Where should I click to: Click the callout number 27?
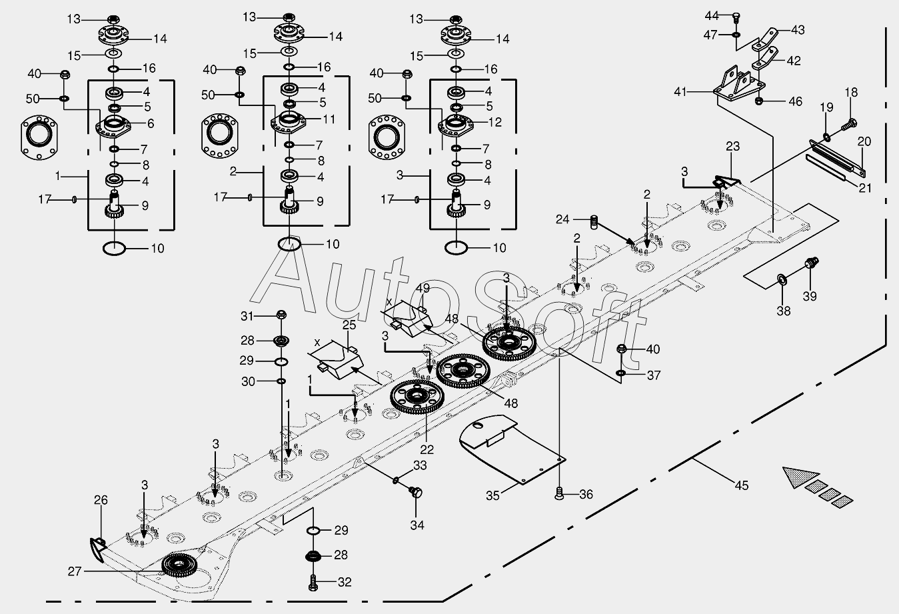[75, 571]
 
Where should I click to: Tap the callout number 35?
[492, 495]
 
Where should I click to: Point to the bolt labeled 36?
[559, 493]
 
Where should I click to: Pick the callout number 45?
[741, 485]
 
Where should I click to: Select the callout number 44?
[712, 16]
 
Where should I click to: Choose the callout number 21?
[865, 187]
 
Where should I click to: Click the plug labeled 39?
[812, 263]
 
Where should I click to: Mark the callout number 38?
[784, 311]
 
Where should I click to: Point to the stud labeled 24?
[594, 222]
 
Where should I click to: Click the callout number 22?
[427, 449]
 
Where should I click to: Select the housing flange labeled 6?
[113, 126]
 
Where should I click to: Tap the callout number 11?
[329, 119]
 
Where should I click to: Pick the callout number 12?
[495, 122]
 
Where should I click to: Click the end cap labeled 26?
[97, 548]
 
